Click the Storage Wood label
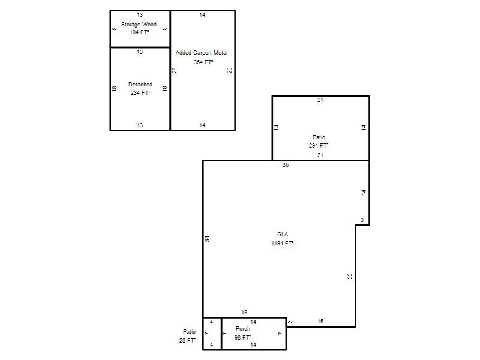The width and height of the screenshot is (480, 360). [139, 25]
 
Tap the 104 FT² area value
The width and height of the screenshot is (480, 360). [139, 32]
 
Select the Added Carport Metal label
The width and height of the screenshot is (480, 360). [202, 53]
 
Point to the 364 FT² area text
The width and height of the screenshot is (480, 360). [203, 62]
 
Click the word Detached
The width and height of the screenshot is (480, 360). [140, 85]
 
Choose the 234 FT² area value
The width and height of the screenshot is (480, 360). [140, 93]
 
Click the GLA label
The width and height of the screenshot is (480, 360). [282, 235]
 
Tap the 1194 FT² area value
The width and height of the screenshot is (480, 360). [282, 244]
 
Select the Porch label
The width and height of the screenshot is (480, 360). [243, 328]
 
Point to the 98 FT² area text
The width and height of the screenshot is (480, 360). [243, 337]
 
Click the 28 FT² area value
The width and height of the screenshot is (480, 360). [187, 340]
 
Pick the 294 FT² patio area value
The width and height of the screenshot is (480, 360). [319, 146]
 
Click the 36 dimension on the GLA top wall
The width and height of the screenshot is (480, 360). [286, 165]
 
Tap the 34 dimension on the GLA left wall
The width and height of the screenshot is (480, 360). [207, 239]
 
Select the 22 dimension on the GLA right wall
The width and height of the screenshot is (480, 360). [350, 276]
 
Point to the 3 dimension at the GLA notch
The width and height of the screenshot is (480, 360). [362, 220]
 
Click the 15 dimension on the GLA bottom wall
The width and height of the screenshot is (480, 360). [320, 322]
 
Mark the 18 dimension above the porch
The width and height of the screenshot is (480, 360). [244, 313]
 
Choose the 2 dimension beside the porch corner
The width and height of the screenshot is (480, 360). [290, 322]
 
